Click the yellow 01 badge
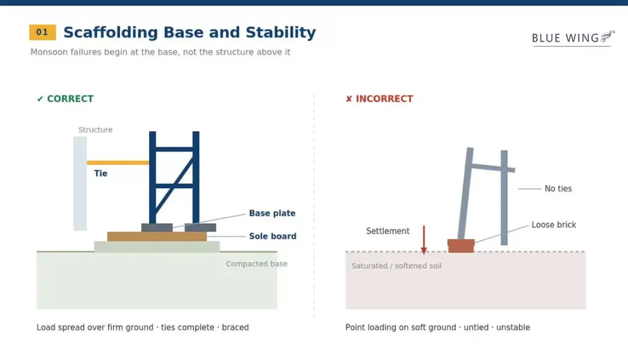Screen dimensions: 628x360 [42, 33]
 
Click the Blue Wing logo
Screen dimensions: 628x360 [573, 39]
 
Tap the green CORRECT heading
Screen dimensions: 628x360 [65, 99]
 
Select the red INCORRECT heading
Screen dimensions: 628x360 [379, 99]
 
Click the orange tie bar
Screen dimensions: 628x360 [118, 163]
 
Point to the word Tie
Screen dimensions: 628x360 [101, 174]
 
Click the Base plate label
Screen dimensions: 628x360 [272, 213]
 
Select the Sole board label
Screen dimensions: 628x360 [273, 236]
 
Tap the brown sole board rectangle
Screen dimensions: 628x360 [157, 236]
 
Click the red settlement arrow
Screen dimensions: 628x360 [424, 239]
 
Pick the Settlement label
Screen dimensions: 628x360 [388, 231]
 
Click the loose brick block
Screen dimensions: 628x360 [461, 246]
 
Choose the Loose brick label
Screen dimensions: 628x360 [554, 225]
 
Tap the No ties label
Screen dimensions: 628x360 [558, 189]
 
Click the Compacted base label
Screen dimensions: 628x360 [257, 264]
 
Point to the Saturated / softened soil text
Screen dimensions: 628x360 [397, 266]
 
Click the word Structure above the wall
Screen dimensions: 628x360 [95, 130]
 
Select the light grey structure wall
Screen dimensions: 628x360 [80, 184]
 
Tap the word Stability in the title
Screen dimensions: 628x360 [281, 33]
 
